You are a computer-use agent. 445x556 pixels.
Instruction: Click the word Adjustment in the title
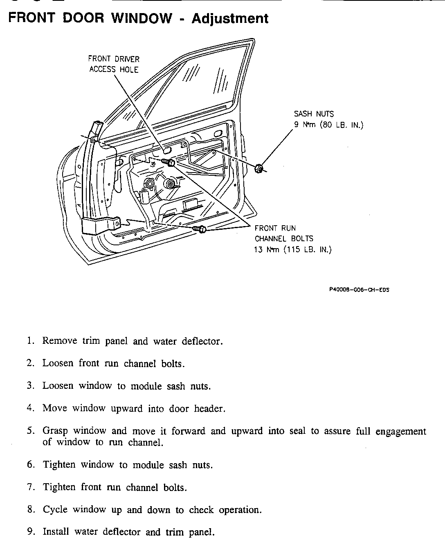coord(230,18)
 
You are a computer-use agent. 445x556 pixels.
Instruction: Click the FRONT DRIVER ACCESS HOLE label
coord(114,64)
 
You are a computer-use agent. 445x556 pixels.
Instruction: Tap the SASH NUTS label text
coord(314,114)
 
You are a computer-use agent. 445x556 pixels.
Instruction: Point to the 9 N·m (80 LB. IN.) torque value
coord(328,125)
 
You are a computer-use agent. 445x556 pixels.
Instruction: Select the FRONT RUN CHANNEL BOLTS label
coord(284,233)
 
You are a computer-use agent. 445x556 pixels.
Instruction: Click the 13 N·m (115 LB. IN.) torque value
coord(292,249)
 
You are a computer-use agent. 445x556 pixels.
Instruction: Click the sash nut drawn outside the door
coord(258,168)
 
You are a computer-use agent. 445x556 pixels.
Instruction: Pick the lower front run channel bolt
coord(200,229)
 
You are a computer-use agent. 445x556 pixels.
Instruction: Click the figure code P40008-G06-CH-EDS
coord(359,290)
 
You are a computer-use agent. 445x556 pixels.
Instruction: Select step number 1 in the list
coord(30,341)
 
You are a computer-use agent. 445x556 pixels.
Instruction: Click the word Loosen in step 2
coord(58,363)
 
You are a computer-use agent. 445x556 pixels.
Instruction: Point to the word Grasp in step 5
coord(54,431)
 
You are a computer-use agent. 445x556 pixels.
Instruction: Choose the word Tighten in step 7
coord(59,487)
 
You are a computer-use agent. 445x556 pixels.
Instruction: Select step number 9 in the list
coord(30,532)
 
